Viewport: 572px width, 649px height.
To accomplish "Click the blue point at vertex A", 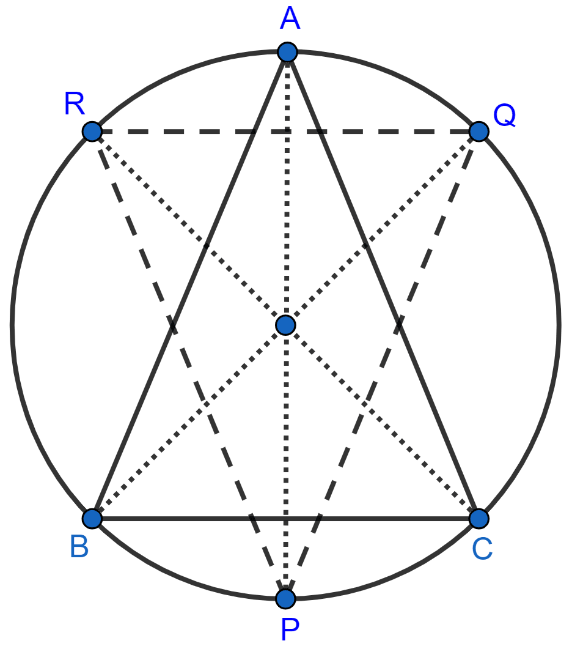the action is [x=287, y=52].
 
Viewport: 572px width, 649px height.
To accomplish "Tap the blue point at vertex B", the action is [x=92, y=519].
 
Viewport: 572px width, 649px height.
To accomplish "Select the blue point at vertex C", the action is [x=479, y=519].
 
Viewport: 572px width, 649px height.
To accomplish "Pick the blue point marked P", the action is [x=286, y=598].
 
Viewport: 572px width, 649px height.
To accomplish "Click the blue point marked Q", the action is [x=479, y=132].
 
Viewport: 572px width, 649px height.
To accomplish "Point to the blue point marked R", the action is [x=92, y=132].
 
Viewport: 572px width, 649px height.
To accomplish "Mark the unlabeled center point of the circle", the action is [x=286, y=325].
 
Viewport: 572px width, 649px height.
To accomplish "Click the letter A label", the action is [x=290, y=18].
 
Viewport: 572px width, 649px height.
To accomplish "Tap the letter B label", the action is [x=79, y=546].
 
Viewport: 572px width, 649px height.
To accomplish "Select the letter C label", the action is [x=482, y=549].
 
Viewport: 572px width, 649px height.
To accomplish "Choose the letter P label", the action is [x=290, y=630].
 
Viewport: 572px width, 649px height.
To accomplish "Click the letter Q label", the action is [x=505, y=115].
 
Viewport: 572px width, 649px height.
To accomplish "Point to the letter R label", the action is [x=75, y=103].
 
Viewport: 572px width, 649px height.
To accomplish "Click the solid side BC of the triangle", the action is [x=286, y=519].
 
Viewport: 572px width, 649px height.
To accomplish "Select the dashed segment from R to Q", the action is [x=286, y=132].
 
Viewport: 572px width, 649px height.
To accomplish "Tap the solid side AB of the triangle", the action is [x=190, y=286].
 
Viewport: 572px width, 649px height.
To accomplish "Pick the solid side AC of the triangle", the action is [x=383, y=286].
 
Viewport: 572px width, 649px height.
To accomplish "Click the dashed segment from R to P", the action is [x=189, y=365].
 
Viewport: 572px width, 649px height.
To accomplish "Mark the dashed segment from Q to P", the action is [x=383, y=365].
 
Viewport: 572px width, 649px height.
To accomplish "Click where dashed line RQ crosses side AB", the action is [x=254, y=132].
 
